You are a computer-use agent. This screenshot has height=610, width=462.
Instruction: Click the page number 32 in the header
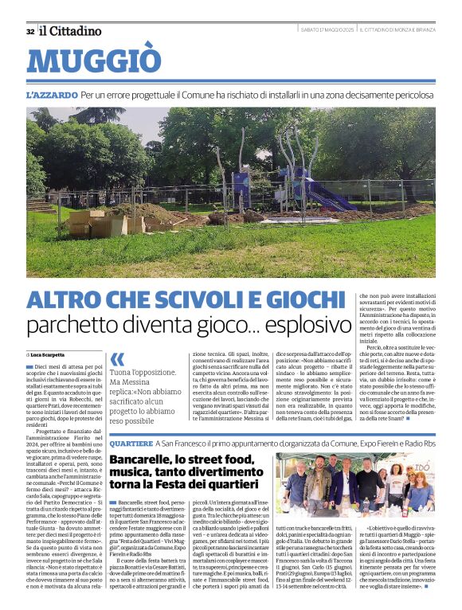coord(30,31)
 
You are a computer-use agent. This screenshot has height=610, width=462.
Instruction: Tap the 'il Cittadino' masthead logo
coord(71,31)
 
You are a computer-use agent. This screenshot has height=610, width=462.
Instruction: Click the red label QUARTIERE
coord(131,442)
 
